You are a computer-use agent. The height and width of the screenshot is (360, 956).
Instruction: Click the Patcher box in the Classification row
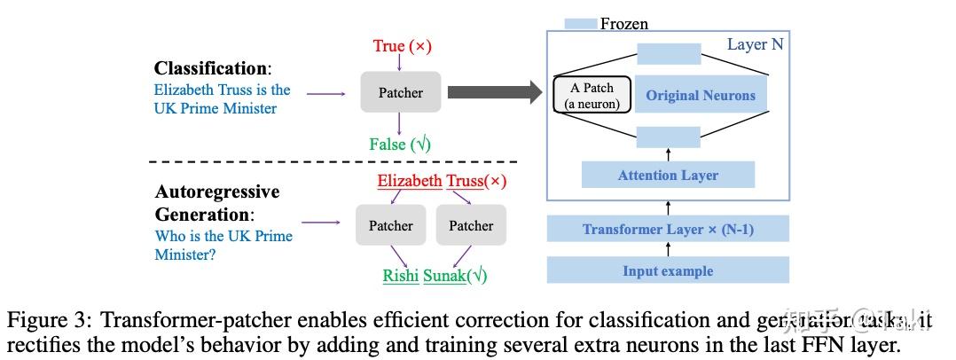400,92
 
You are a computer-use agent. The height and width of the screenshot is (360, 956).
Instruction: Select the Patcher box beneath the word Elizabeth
390,225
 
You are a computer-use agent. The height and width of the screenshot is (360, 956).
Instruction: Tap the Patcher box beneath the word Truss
471,225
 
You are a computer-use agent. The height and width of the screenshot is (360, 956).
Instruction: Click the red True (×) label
400,46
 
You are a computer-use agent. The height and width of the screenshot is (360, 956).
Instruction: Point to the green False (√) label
400,144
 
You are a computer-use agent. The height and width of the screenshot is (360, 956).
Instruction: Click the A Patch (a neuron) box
592,96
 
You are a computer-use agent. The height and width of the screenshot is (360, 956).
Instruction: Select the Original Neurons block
701,96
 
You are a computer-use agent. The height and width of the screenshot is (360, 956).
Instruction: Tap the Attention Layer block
668,175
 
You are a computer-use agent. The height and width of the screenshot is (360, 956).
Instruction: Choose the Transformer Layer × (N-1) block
668,229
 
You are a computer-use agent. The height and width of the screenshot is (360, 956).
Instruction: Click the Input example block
668,270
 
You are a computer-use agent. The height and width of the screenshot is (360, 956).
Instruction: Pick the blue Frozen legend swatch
581,24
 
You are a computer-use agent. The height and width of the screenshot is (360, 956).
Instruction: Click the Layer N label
755,44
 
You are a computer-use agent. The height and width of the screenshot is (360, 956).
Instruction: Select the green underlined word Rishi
401,275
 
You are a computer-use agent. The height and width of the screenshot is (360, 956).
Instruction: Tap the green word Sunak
445,275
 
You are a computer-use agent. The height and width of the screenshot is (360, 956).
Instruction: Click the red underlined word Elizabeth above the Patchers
410,181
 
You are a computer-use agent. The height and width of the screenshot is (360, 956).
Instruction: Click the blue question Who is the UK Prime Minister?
223,245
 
